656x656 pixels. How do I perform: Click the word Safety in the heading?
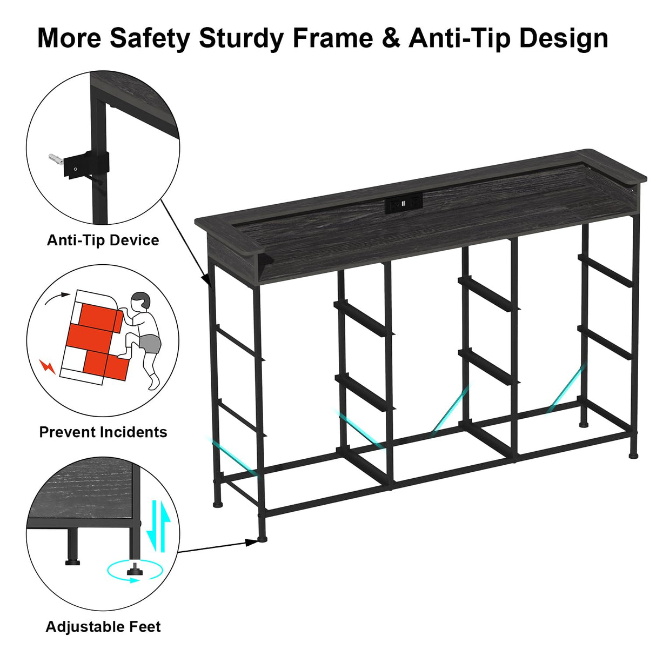click(150, 38)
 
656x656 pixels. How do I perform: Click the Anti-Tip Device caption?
click(103, 240)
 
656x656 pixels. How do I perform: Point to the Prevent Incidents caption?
click(103, 432)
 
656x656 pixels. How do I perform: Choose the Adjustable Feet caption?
click(103, 627)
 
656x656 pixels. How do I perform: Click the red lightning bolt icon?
click(48, 367)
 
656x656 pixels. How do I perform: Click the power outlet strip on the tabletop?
click(403, 204)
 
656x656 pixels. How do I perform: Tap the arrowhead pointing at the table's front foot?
click(252, 541)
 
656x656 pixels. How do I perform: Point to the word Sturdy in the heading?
click(240, 38)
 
